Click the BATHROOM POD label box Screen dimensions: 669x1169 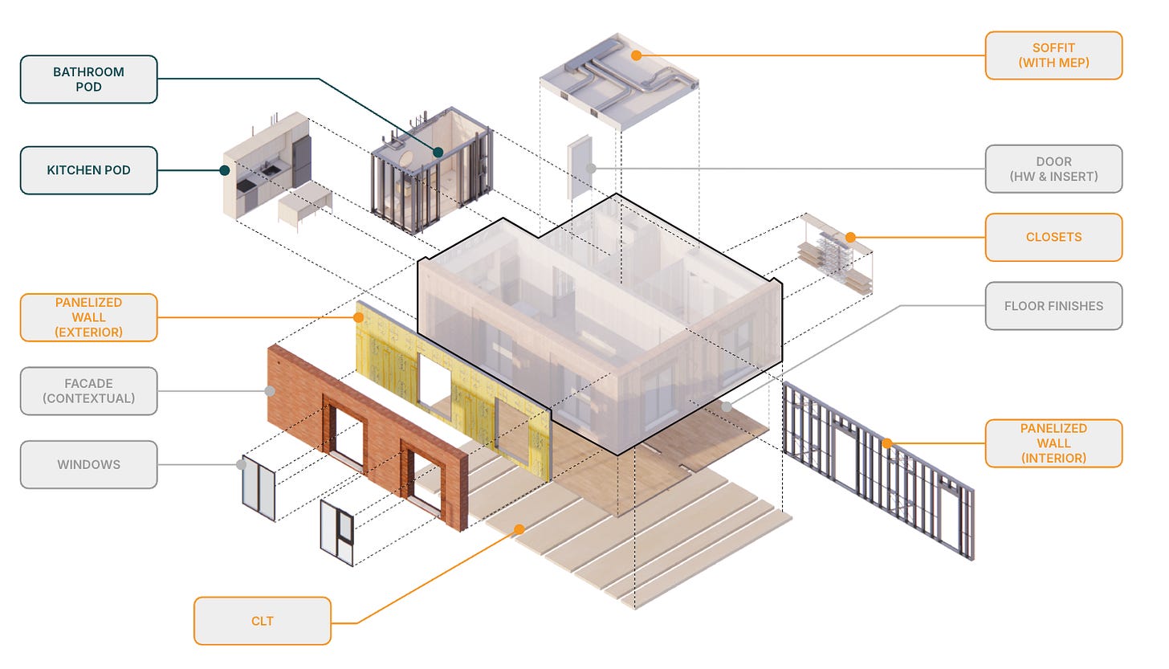tap(88, 80)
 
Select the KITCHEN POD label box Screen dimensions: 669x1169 tap(88, 170)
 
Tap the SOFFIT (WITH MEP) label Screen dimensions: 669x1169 tap(1053, 55)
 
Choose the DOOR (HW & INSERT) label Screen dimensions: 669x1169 tap(1053, 169)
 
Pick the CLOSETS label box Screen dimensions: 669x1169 tap(1053, 237)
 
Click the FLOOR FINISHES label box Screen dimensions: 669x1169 tap(1053, 306)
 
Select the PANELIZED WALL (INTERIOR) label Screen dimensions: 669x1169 tap(1053, 443)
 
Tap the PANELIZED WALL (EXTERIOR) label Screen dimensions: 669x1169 tap(88, 317)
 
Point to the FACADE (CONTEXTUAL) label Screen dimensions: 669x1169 tap(88, 391)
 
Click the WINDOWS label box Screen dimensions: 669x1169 tap(88, 464)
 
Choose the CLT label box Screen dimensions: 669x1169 tap(263, 621)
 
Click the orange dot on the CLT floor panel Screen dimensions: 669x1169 tap(519, 529)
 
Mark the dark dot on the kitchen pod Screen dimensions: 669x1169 tap(225, 170)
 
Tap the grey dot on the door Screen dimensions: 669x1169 tap(591, 169)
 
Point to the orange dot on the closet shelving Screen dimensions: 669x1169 tap(849, 238)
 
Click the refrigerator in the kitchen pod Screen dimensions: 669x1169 tap(301, 160)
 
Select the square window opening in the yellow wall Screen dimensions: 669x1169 tap(434, 380)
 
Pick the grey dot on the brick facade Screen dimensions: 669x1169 tap(270, 391)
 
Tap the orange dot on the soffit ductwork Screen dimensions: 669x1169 tap(636, 55)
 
